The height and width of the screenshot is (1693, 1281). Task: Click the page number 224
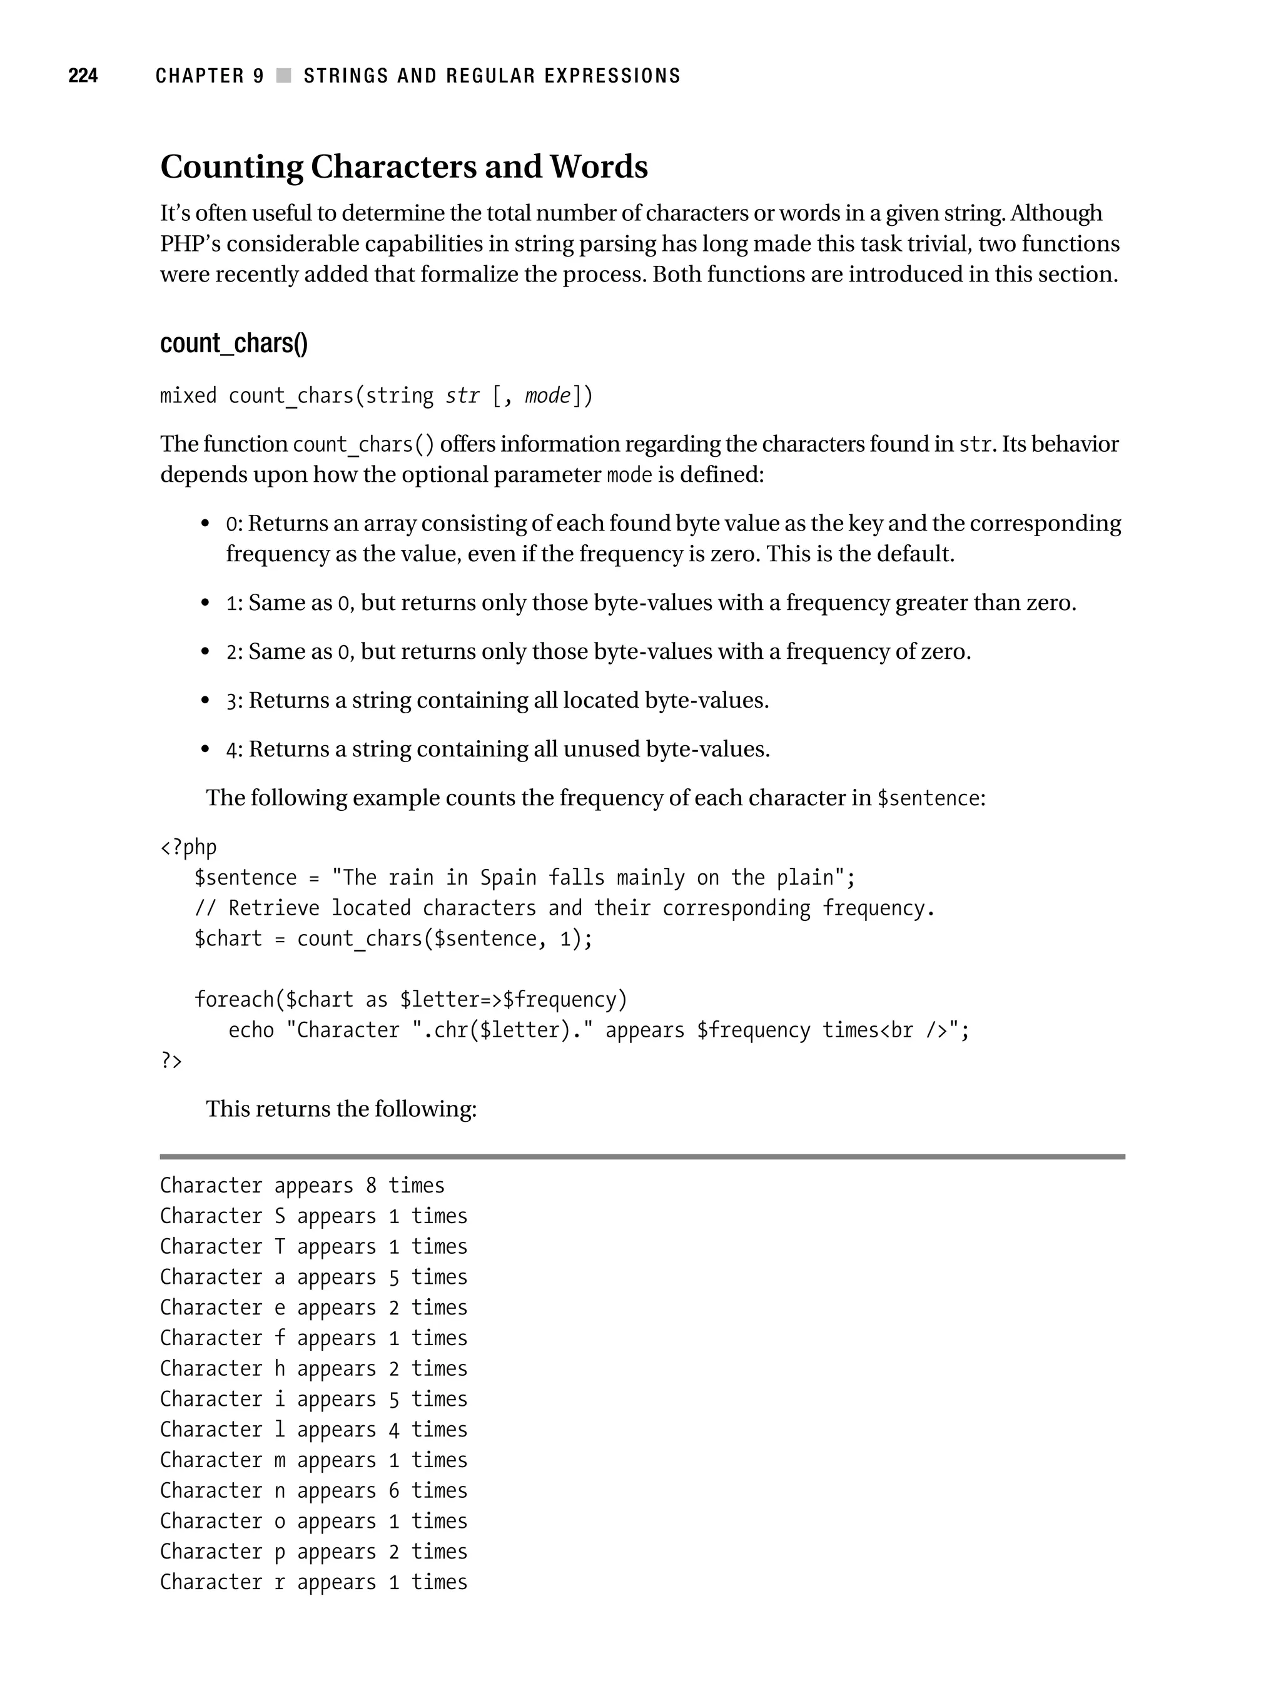pos(83,76)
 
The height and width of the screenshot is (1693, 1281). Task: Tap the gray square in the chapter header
pos(284,76)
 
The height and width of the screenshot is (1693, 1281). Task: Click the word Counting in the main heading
pos(231,167)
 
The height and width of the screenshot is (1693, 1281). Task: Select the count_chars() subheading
pos(233,343)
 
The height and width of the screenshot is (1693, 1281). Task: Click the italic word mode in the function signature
pos(547,395)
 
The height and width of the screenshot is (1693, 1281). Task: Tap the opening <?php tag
pos(188,847)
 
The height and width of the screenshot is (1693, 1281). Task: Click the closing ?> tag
pos(171,1061)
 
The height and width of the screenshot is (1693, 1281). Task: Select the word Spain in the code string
pos(508,878)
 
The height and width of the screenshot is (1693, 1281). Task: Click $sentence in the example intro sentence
pos(928,798)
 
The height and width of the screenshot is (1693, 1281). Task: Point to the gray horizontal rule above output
pos(641,1156)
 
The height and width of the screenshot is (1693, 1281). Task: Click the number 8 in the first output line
pos(371,1186)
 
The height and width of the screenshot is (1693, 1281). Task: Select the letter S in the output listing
pos(280,1216)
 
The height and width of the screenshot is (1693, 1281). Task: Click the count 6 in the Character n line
pos(394,1491)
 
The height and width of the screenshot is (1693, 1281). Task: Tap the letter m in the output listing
pos(280,1460)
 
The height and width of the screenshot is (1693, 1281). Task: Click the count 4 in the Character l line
pos(394,1430)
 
